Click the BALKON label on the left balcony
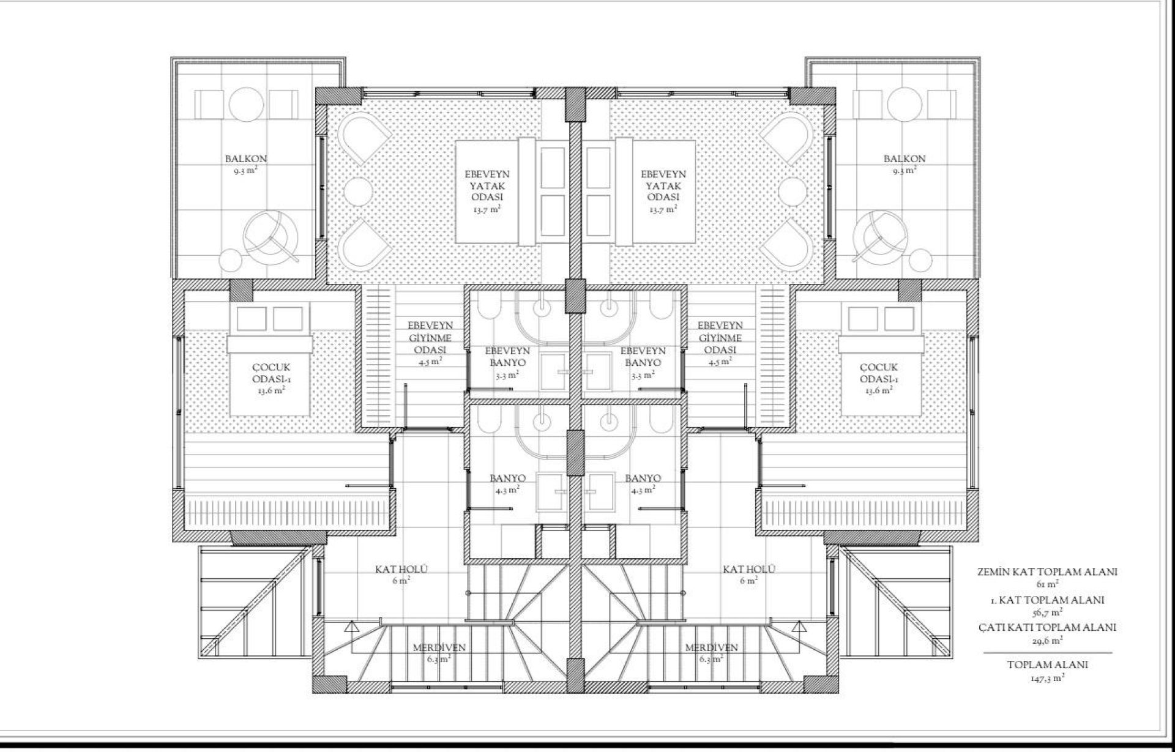pyautogui.click(x=245, y=159)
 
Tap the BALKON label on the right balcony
pyautogui.click(x=905, y=159)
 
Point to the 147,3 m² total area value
pyautogui.click(x=1047, y=677)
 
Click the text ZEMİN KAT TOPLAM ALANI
pyautogui.click(x=1047, y=572)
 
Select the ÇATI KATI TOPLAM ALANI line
pyautogui.click(x=1047, y=627)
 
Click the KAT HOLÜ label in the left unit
pyautogui.click(x=401, y=570)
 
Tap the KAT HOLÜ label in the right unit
pyautogui.click(x=749, y=570)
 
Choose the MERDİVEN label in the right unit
pyautogui.click(x=711, y=647)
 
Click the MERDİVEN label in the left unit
pyautogui.click(x=439, y=647)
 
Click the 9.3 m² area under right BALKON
pyautogui.click(x=905, y=171)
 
